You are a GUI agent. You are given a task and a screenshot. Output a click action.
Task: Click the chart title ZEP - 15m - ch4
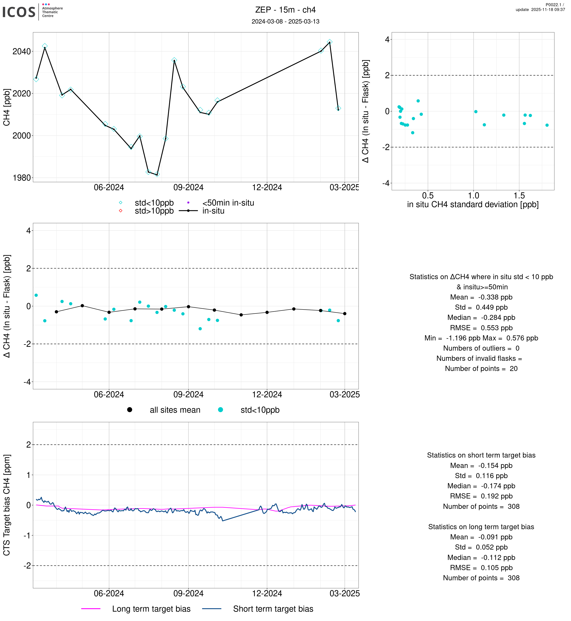click(285, 10)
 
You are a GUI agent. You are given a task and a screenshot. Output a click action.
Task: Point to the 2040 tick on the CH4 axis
click(22, 51)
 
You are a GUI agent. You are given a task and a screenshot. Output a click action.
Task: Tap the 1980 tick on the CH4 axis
click(22, 178)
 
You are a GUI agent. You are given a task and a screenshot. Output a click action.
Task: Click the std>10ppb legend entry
click(154, 211)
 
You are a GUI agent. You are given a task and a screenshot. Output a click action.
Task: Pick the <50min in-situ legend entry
click(228, 203)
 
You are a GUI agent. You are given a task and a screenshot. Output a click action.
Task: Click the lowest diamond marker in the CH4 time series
click(157, 175)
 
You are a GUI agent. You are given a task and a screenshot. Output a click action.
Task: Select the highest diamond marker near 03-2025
click(330, 42)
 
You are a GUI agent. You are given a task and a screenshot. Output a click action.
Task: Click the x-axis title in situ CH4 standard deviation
click(473, 205)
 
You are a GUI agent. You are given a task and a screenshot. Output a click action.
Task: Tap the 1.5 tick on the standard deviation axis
click(519, 196)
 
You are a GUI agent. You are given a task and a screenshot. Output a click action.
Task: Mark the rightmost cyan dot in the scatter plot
click(547, 125)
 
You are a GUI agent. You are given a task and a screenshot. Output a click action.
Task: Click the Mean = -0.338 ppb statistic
click(481, 297)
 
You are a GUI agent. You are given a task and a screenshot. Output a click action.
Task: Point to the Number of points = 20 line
click(481, 369)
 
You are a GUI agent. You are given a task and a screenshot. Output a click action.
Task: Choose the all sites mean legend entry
click(175, 410)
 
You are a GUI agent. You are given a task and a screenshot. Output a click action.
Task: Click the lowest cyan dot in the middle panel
click(200, 329)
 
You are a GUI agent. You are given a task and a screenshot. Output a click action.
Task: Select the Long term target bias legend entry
click(151, 609)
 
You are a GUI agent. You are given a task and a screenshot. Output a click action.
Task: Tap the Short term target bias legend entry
click(273, 609)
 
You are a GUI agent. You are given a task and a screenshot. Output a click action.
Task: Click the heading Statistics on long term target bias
click(481, 527)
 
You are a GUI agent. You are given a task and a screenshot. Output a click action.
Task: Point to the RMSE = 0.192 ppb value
click(481, 496)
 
